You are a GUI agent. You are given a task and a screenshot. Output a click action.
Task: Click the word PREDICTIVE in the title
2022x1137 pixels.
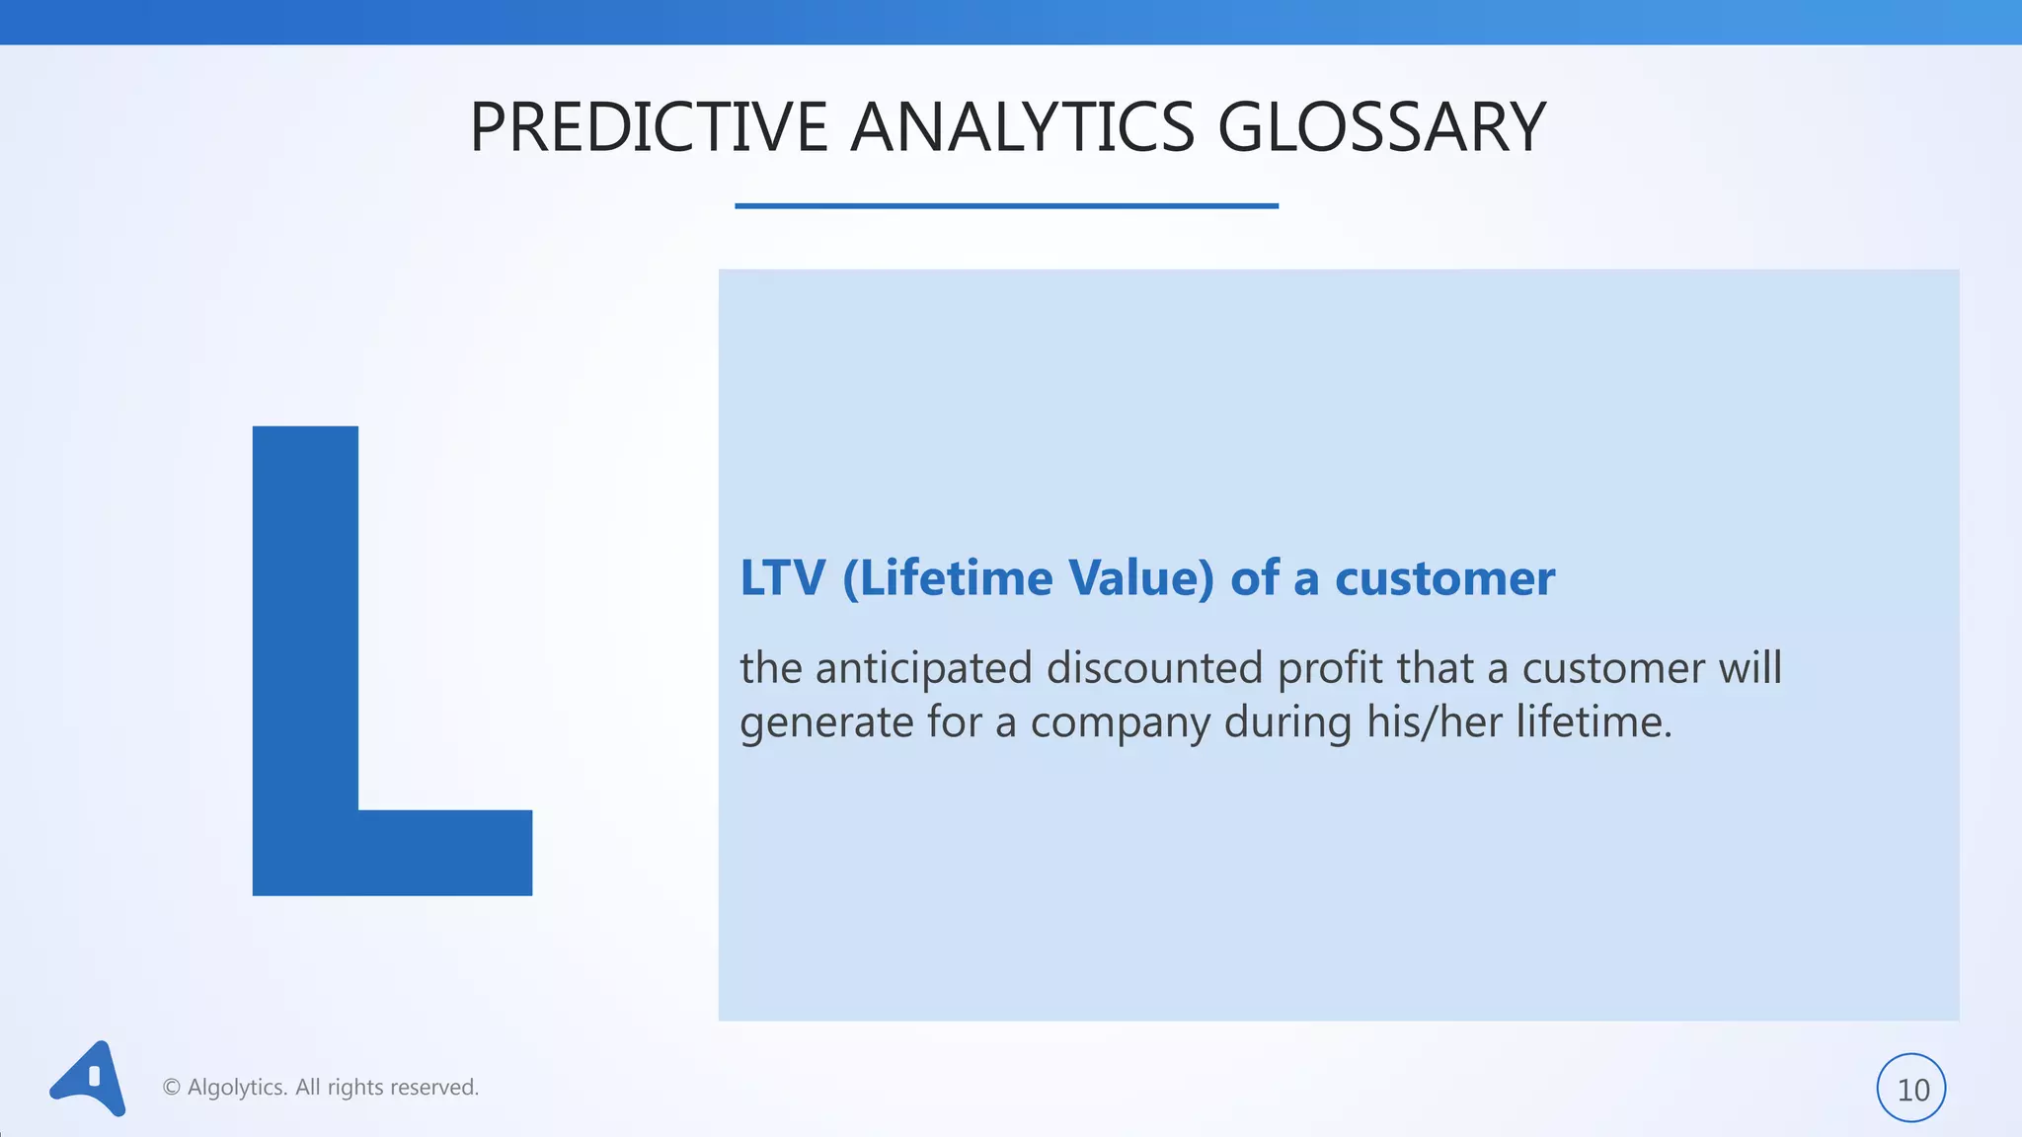pyautogui.click(x=648, y=128)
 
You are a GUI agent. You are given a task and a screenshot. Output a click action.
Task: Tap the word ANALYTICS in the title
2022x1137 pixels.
pyautogui.click(x=1022, y=128)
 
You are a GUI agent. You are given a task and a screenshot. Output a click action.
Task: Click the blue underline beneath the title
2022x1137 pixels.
pyautogui.click(x=1006, y=205)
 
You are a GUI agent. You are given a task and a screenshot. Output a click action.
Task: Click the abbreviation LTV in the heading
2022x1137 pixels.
pyautogui.click(x=782, y=578)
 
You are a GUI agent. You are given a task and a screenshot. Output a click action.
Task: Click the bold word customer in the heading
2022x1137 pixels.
pyautogui.click(x=1444, y=578)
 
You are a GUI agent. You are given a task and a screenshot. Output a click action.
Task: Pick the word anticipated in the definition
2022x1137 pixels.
pyautogui.click(x=923, y=668)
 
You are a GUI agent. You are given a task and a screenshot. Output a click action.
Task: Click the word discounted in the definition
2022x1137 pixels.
pyautogui.click(x=1154, y=668)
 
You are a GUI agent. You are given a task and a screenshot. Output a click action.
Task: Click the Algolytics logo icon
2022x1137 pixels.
pyautogui.click(x=89, y=1079)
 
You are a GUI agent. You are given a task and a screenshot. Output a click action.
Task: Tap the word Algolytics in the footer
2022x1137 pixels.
pyautogui.click(x=237, y=1088)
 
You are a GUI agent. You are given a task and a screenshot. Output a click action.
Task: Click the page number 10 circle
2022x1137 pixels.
pyautogui.click(x=1911, y=1089)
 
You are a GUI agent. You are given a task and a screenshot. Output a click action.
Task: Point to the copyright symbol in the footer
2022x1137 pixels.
pyautogui.click(x=171, y=1088)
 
